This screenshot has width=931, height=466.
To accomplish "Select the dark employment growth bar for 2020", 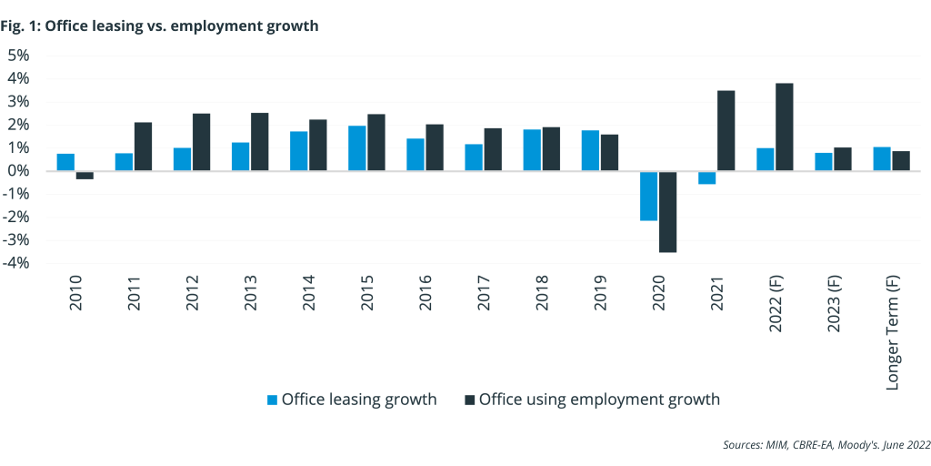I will click(x=667, y=211).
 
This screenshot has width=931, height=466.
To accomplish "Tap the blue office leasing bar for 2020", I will click(x=648, y=196).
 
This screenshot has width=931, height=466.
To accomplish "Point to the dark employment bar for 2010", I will click(x=85, y=175).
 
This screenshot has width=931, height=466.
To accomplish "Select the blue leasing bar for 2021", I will click(x=706, y=177).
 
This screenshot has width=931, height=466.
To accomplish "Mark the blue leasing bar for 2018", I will click(x=532, y=150).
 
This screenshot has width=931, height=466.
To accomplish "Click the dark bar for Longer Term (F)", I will click(x=900, y=161).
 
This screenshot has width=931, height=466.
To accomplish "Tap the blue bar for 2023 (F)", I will click(x=823, y=162).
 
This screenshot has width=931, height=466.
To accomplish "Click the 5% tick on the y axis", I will click(x=19, y=55).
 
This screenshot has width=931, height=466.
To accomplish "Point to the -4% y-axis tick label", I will click(x=17, y=264).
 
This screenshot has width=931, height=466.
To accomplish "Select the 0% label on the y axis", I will click(x=19, y=171).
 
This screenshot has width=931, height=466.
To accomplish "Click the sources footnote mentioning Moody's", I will click(x=826, y=445).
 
